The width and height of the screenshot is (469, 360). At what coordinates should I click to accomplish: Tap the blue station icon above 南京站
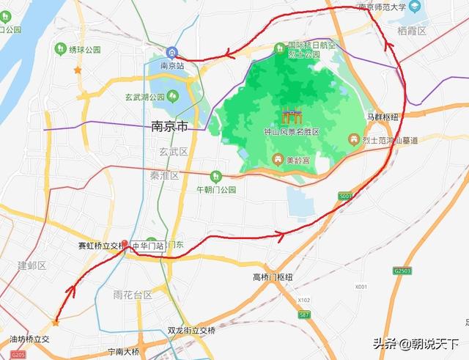pos(171,51)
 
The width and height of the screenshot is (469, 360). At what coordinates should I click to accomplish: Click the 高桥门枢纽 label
pos(273,277)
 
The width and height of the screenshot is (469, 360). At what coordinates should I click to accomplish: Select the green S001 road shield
pos(346,196)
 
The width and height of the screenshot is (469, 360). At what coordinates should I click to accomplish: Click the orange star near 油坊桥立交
pos(55,322)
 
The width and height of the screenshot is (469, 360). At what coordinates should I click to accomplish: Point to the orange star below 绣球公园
pos(78,70)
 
